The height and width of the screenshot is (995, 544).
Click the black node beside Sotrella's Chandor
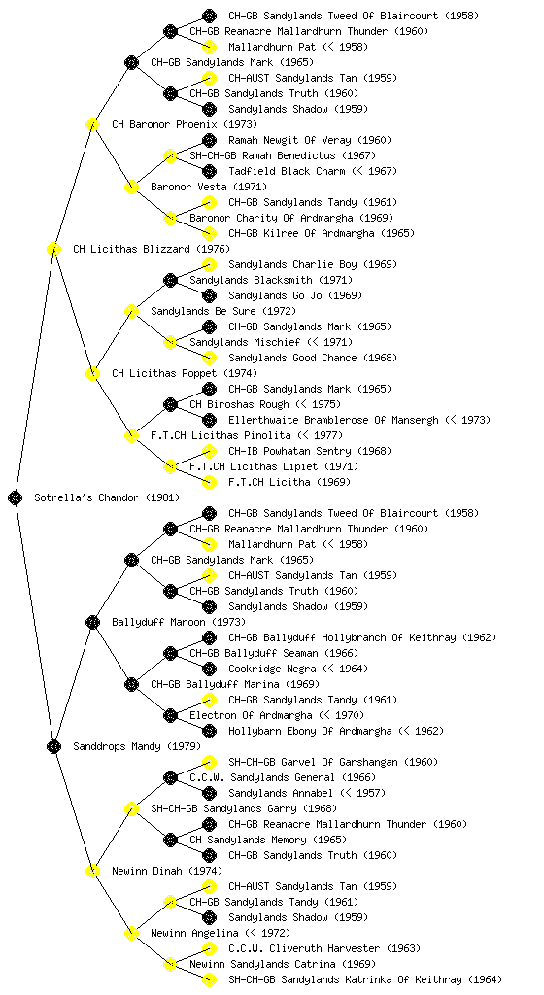click(16, 497)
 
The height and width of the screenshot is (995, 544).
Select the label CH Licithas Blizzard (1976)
click(152, 249)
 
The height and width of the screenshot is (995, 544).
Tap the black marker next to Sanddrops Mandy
click(53, 746)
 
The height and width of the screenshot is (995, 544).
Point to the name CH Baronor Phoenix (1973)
click(185, 124)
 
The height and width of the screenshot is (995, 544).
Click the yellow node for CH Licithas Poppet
click(92, 373)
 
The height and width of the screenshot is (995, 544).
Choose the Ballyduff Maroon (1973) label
click(179, 622)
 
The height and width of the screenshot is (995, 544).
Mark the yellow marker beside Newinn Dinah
click(92, 871)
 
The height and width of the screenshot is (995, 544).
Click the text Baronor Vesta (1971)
click(209, 187)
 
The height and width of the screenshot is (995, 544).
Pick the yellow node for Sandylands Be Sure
click(131, 311)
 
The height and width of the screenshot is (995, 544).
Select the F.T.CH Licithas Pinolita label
click(221, 435)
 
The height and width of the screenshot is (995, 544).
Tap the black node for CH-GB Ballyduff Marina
click(131, 684)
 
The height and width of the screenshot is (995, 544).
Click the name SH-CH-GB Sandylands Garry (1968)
click(244, 808)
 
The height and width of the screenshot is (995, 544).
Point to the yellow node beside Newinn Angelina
click(131, 933)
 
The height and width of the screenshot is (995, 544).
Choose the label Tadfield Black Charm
click(287, 171)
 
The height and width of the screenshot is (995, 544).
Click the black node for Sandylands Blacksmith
click(170, 280)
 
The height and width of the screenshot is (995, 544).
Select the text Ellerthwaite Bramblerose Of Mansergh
click(333, 420)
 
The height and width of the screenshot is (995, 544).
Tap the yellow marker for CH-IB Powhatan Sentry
click(209, 451)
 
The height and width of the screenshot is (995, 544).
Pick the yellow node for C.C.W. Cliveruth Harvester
click(209, 948)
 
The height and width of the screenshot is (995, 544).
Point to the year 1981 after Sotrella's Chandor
click(163, 497)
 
